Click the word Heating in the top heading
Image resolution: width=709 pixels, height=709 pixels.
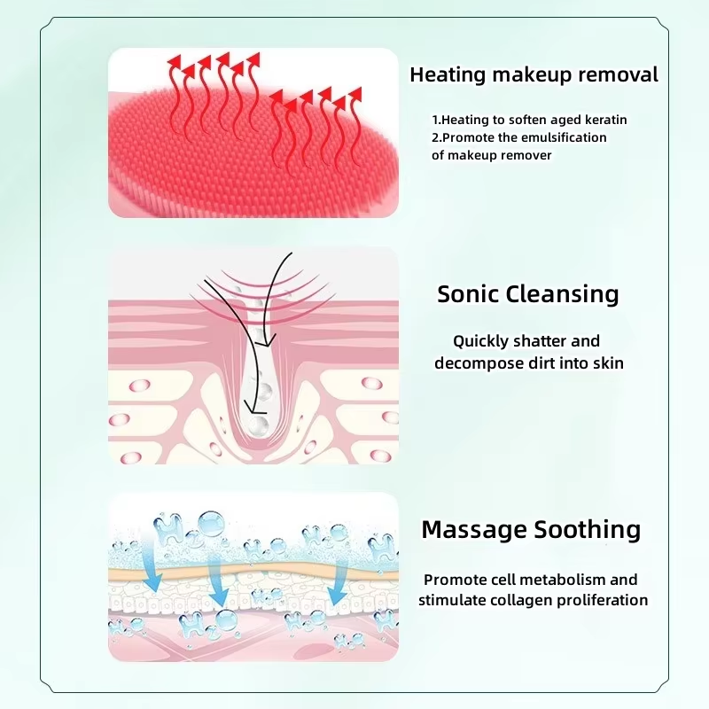click(x=448, y=75)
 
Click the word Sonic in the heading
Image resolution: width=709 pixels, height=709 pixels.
click(x=468, y=294)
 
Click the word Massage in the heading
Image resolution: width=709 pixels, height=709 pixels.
click(x=474, y=530)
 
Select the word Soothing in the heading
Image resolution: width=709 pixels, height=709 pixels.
click(x=588, y=530)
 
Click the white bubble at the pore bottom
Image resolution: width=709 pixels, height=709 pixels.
click(x=258, y=425)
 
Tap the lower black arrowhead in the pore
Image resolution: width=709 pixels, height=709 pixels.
click(x=255, y=408)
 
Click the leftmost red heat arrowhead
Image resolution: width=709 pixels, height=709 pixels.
click(x=174, y=61)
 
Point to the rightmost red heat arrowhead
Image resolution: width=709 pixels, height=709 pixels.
click(x=355, y=94)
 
